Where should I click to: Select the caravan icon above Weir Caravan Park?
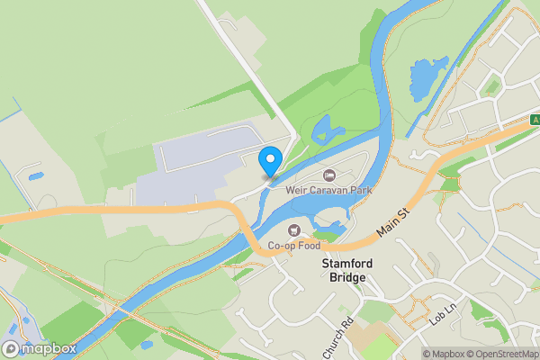329,175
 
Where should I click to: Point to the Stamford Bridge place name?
345,271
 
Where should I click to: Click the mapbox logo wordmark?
49,348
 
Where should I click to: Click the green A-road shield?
535,120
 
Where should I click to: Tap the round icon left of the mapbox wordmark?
11,348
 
